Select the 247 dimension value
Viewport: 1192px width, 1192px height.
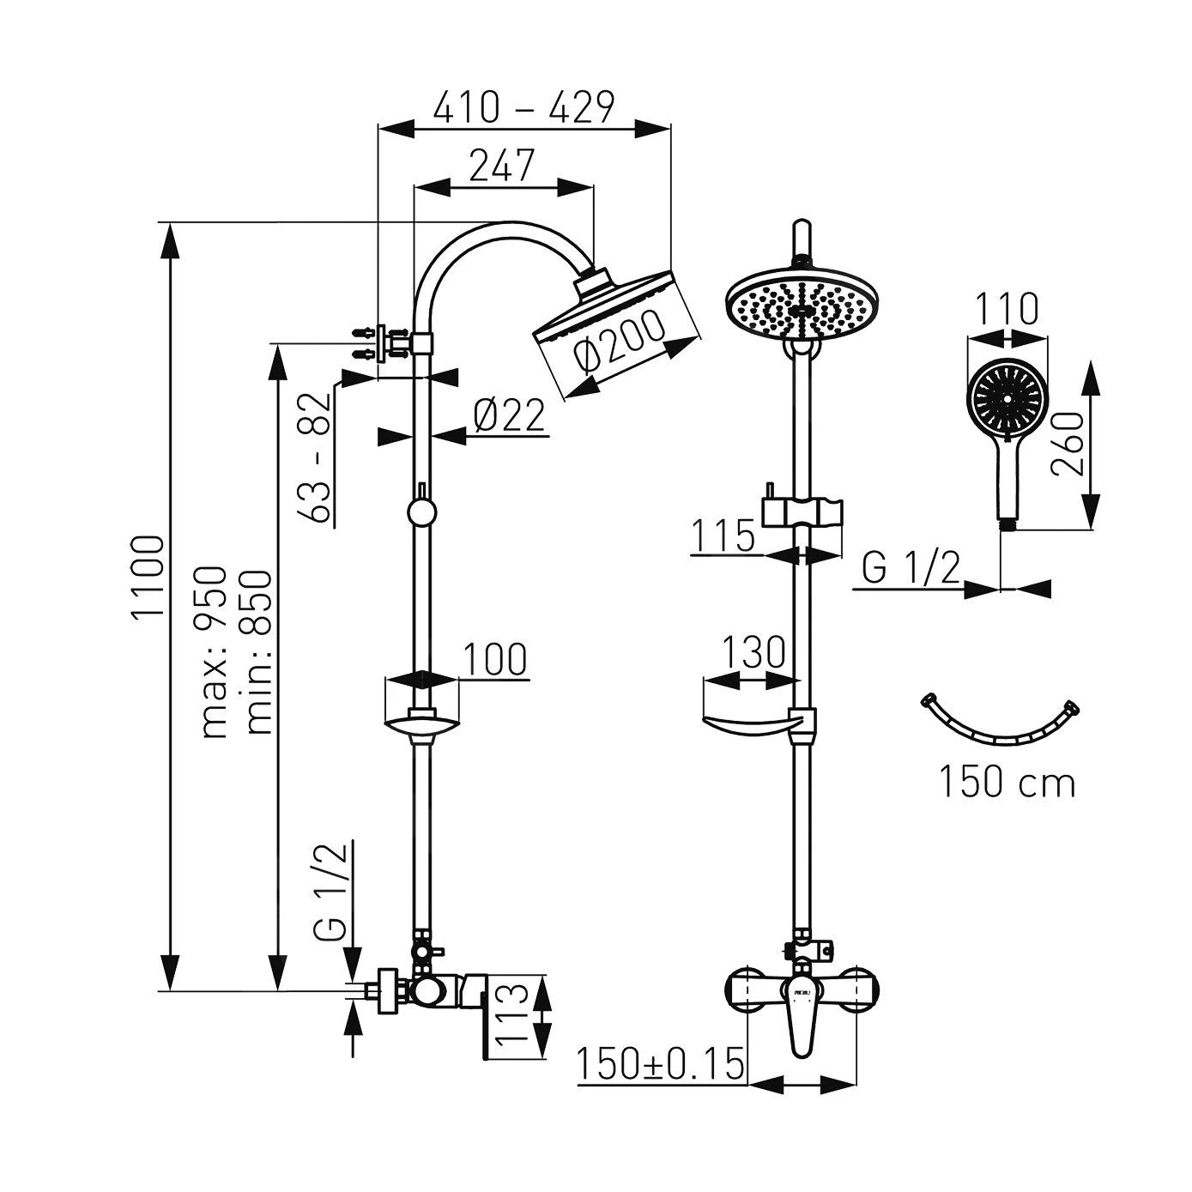pyautogui.click(x=502, y=165)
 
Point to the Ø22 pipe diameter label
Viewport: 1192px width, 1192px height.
pyautogui.click(x=510, y=416)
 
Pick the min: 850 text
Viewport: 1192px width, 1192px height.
pyautogui.click(x=258, y=651)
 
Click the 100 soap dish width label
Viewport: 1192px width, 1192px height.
pyautogui.click(x=495, y=660)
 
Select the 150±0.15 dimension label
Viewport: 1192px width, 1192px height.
pyautogui.click(x=659, y=1065)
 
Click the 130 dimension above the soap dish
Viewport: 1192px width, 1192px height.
pyautogui.click(x=752, y=653)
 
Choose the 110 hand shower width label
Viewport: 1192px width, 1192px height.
pyautogui.click(x=1007, y=309)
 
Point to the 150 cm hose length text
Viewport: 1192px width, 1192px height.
pyautogui.click(x=1007, y=782)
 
